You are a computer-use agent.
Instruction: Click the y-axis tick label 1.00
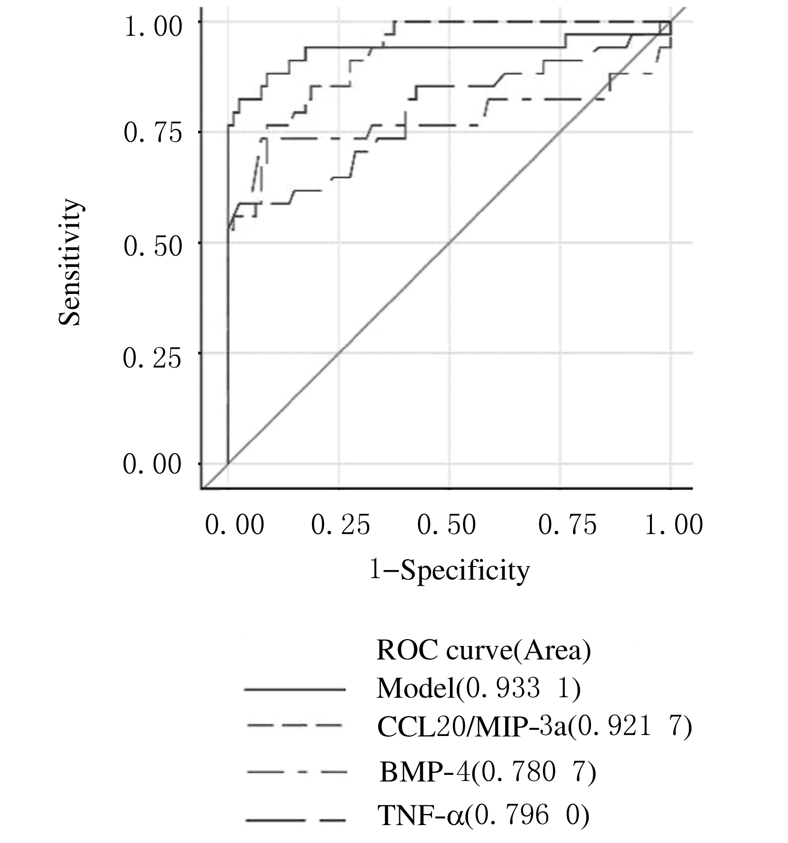click(x=153, y=27)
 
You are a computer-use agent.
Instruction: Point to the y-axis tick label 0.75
click(x=153, y=133)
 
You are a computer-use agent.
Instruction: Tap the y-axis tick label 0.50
click(x=153, y=246)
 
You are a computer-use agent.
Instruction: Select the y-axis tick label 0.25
click(x=152, y=358)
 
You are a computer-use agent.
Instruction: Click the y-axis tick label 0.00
click(x=152, y=464)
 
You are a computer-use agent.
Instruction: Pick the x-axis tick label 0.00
click(x=234, y=525)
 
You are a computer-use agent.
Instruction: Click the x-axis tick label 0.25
click(x=340, y=525)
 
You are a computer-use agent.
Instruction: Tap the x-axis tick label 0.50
click(x=447, y=525)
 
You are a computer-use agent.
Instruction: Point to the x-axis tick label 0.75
click(x=567, y=525)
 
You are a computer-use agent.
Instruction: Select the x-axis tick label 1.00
click(x=674, y=525)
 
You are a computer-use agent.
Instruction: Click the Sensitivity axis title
click(x=69, y=263)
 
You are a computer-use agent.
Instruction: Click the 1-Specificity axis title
click(x=449, y=570)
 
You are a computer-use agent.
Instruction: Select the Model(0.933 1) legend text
click(x=478, y=689)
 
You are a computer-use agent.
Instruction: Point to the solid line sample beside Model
click(x=295, y=689)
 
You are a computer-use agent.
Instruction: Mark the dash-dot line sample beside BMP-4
click(x=296, y=772)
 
